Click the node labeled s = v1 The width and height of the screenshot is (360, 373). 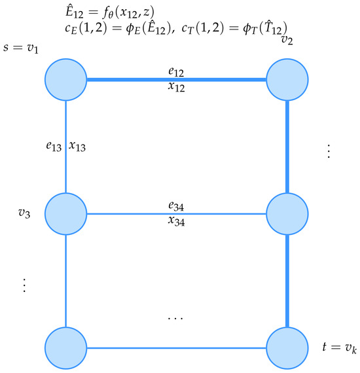tap(65, 80)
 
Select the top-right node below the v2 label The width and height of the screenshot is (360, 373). tap(287, 80)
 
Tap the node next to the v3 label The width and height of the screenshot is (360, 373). tap(65, 214)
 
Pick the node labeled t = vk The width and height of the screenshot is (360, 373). tap(287, 348)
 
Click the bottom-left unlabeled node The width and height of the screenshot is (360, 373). tap(65, 348)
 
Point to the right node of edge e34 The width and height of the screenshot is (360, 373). tap(287, 214)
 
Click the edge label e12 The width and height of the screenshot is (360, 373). tap(176, 71)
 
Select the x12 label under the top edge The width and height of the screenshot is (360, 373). tap(176, 87)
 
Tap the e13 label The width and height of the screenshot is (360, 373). tap(54, 146)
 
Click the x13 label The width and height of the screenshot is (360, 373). tap(77, 147)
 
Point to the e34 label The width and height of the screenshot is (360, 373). tap(176, 206)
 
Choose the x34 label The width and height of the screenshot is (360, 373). tap(176, 221)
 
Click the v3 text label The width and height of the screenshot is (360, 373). tap(24, 213)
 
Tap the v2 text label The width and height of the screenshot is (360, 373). tap(287, 40)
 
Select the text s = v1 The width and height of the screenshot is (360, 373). tap(21, 48)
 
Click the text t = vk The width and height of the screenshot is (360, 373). tap(340, 347)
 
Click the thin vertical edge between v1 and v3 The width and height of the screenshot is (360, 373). tap(65, 147)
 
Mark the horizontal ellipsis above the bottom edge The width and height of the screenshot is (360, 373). tap(175, 318)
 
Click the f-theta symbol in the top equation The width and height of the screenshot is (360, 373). tap(108, 13)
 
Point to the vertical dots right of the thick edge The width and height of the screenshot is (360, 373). tap(329, 151)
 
